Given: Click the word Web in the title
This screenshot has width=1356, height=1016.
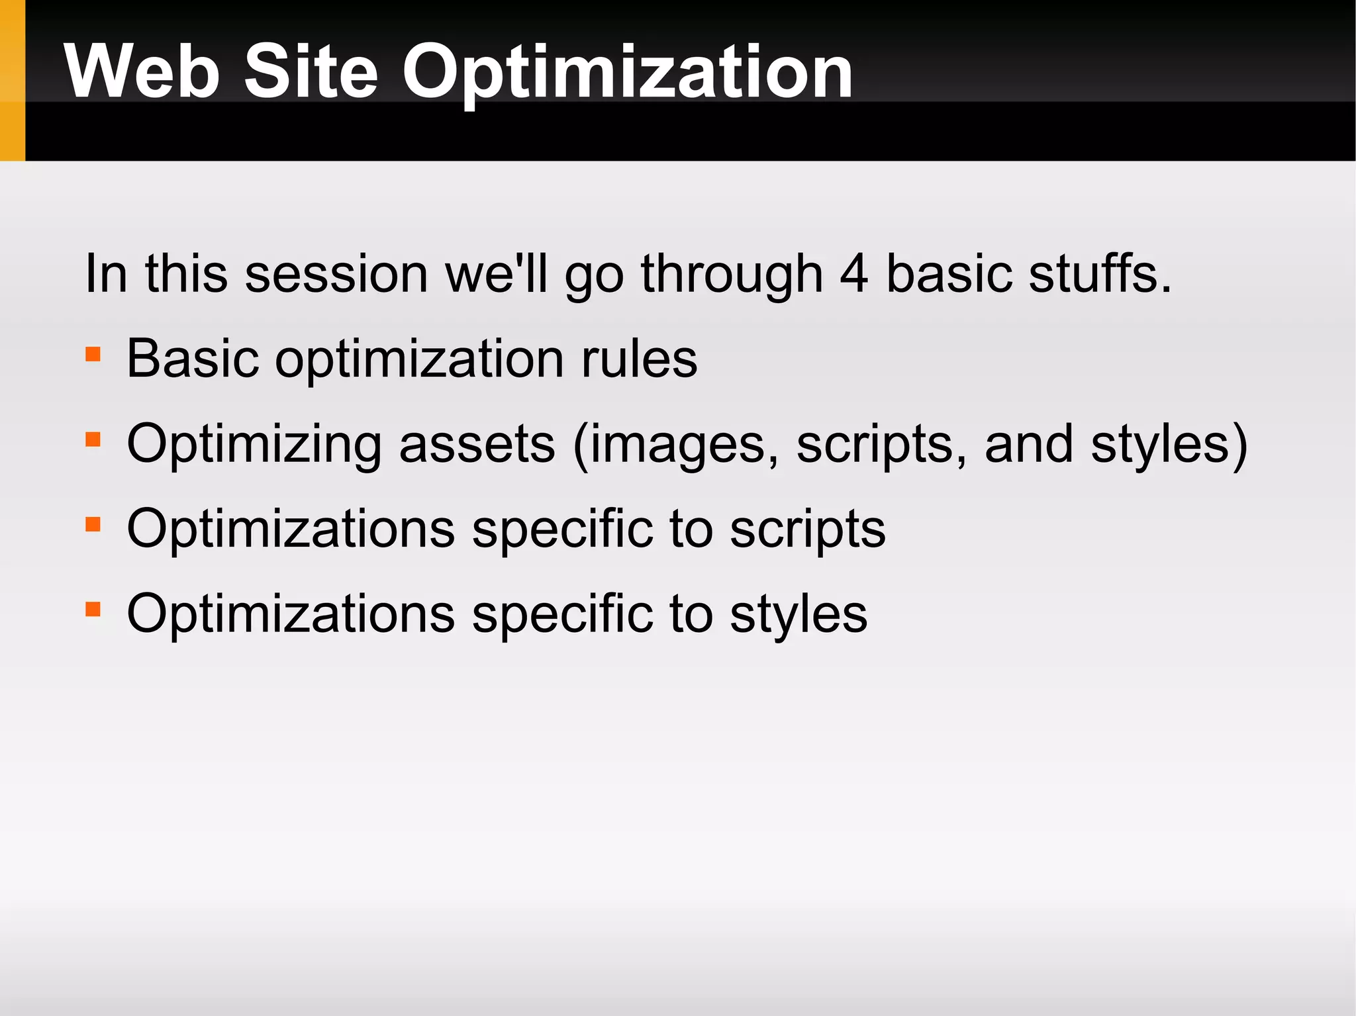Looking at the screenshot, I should (142, 71).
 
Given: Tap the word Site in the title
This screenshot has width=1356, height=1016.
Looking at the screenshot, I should (311, 71).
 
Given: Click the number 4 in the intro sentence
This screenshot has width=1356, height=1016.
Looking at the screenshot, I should (853, 273).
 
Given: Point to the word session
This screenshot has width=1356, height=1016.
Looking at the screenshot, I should (336, 273).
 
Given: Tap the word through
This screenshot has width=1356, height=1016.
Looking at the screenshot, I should (732, 275).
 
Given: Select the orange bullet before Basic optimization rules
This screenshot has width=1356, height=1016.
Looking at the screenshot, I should (93, 354).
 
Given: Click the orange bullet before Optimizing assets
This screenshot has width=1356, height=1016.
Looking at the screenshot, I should (93, 439).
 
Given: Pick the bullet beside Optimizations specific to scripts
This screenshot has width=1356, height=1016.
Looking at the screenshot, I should (93, 524).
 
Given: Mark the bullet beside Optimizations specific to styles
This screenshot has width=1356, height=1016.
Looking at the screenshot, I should (93, 609).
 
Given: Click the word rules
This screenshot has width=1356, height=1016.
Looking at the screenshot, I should (639, 359).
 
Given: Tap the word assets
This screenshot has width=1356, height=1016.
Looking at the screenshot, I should (477, 444).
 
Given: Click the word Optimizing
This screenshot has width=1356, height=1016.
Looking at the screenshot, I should (254, 445).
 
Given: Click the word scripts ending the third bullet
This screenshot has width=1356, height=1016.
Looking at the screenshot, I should (807, 530).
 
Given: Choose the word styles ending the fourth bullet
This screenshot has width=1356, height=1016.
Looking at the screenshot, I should (798, 615).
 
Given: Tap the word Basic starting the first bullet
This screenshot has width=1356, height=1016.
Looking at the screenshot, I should (192, 359).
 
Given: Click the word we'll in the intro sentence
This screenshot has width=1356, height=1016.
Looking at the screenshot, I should (496, 273).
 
